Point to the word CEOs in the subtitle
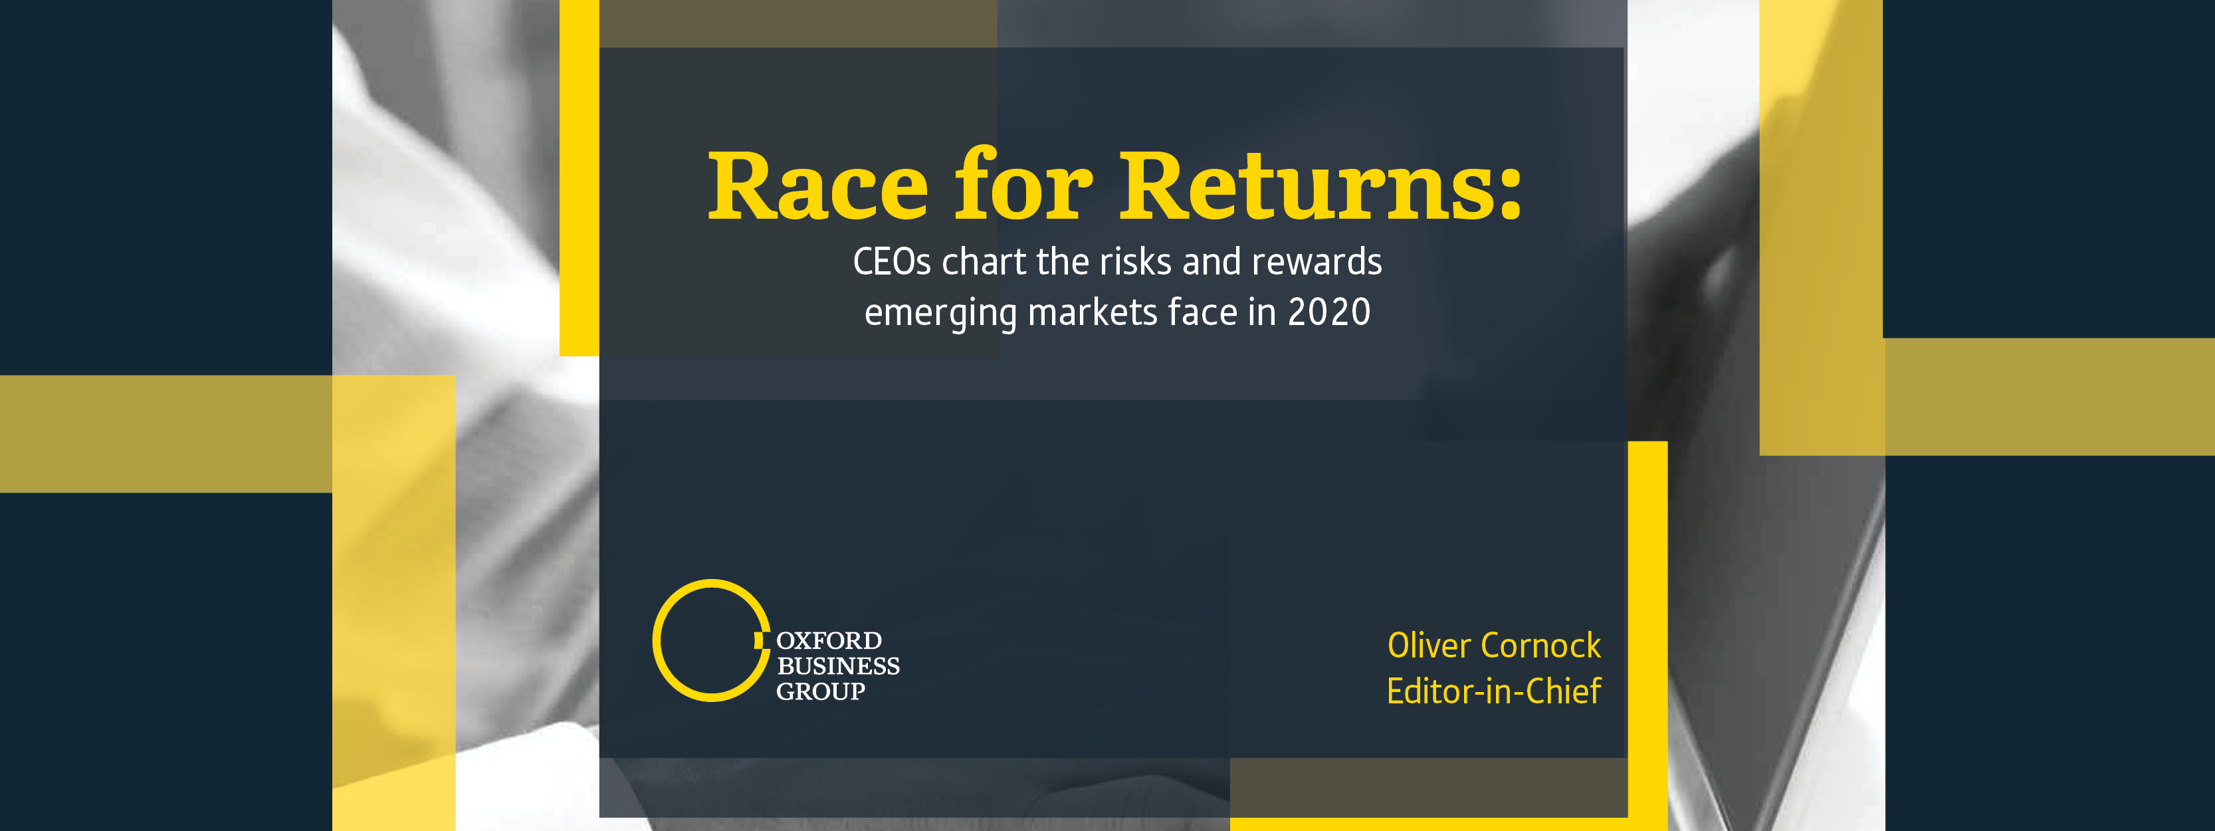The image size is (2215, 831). (x=892, y=261)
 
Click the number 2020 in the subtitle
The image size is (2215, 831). (x=1329, y=312)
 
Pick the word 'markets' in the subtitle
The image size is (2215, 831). (x=1092, y=312)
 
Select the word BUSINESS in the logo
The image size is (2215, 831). (x=839, y=666)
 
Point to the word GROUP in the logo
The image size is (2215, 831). (x=820, y=691)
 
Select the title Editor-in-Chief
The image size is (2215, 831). (x=1493, y=691)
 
